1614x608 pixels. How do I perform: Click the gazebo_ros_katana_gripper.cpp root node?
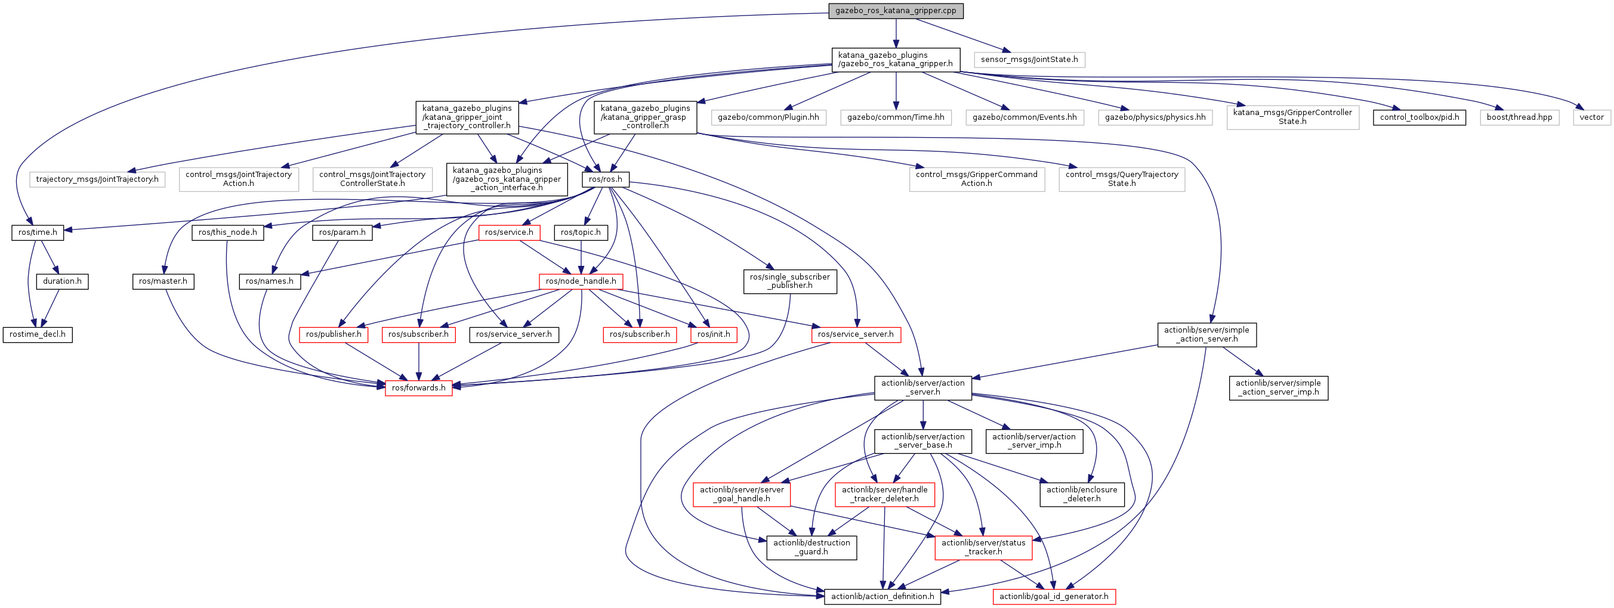click(x=896, y=11)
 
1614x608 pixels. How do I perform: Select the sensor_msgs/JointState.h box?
click(x=1029, y=60)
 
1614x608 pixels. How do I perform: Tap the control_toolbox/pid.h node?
click(x=1419, y=117)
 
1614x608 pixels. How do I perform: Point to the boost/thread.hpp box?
click(x=1519, y=117)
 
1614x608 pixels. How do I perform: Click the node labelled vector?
click(x=1591, y=117)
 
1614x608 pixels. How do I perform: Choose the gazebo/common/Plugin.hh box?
click(x=768, y=117)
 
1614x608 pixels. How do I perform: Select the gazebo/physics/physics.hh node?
click(x=1155, y=117)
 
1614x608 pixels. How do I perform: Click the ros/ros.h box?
click(x=605, y=179)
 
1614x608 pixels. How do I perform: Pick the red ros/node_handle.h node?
click(x=581, y=281)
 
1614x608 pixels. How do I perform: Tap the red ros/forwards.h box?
click(x=418, y=387)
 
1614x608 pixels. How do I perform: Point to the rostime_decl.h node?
click(x=38, y=334)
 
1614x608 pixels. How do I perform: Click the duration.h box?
click(x=62, y=281)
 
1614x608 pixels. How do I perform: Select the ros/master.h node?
click(x=163, y=281)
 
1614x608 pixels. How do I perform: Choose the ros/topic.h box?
click(x=581, y=232)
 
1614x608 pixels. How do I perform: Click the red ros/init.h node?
click(x=714, y=334)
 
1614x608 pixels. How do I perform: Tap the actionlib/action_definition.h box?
click(x=882, y=596)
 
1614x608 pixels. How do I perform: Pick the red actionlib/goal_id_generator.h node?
click(x=1053, y=596)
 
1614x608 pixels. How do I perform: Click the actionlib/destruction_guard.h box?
click(x=811, y=547)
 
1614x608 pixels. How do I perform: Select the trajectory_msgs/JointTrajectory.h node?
click(x=97, y=179)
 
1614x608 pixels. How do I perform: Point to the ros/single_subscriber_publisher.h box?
click(x=789, y=281)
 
